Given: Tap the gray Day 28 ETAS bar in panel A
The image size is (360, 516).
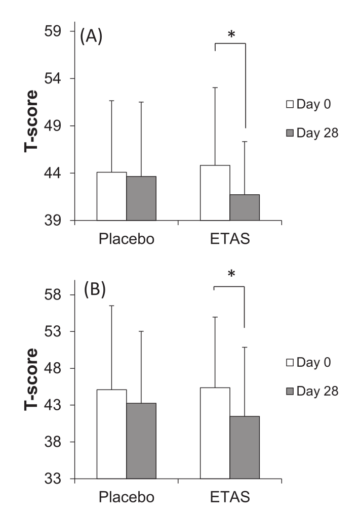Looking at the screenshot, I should tap(245, 207).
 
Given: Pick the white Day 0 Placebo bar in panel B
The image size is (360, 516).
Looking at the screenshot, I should tap(111, 434).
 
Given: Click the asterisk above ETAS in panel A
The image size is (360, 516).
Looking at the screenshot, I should tap(231, 36).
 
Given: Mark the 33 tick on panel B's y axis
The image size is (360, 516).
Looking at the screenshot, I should tap(58, 479).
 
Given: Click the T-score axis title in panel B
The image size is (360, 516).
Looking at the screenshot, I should tap(31, 380).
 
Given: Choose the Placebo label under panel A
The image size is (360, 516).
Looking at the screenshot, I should tap(125, 240).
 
